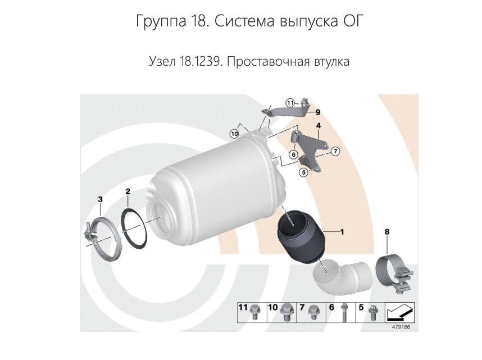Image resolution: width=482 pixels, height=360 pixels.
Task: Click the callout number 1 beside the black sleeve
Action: pyautogui.click(x=342, y=231)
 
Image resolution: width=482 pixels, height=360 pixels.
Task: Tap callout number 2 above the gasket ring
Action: pyautogui.click(x=128, y=192)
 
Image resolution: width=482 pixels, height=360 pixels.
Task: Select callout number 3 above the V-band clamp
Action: pyautogui.click(x=100, y=199)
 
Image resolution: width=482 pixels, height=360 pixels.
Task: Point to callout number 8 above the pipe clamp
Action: pyautogui.click(x=387, y=231)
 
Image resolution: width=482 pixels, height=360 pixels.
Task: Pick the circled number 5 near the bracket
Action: pyautogui.click(x=304, y=172)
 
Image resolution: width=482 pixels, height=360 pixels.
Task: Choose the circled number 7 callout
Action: pyautogui.click(x=335, y=151)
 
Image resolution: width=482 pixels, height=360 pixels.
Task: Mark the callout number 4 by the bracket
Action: pyautogui.click(x=318, y=126)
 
